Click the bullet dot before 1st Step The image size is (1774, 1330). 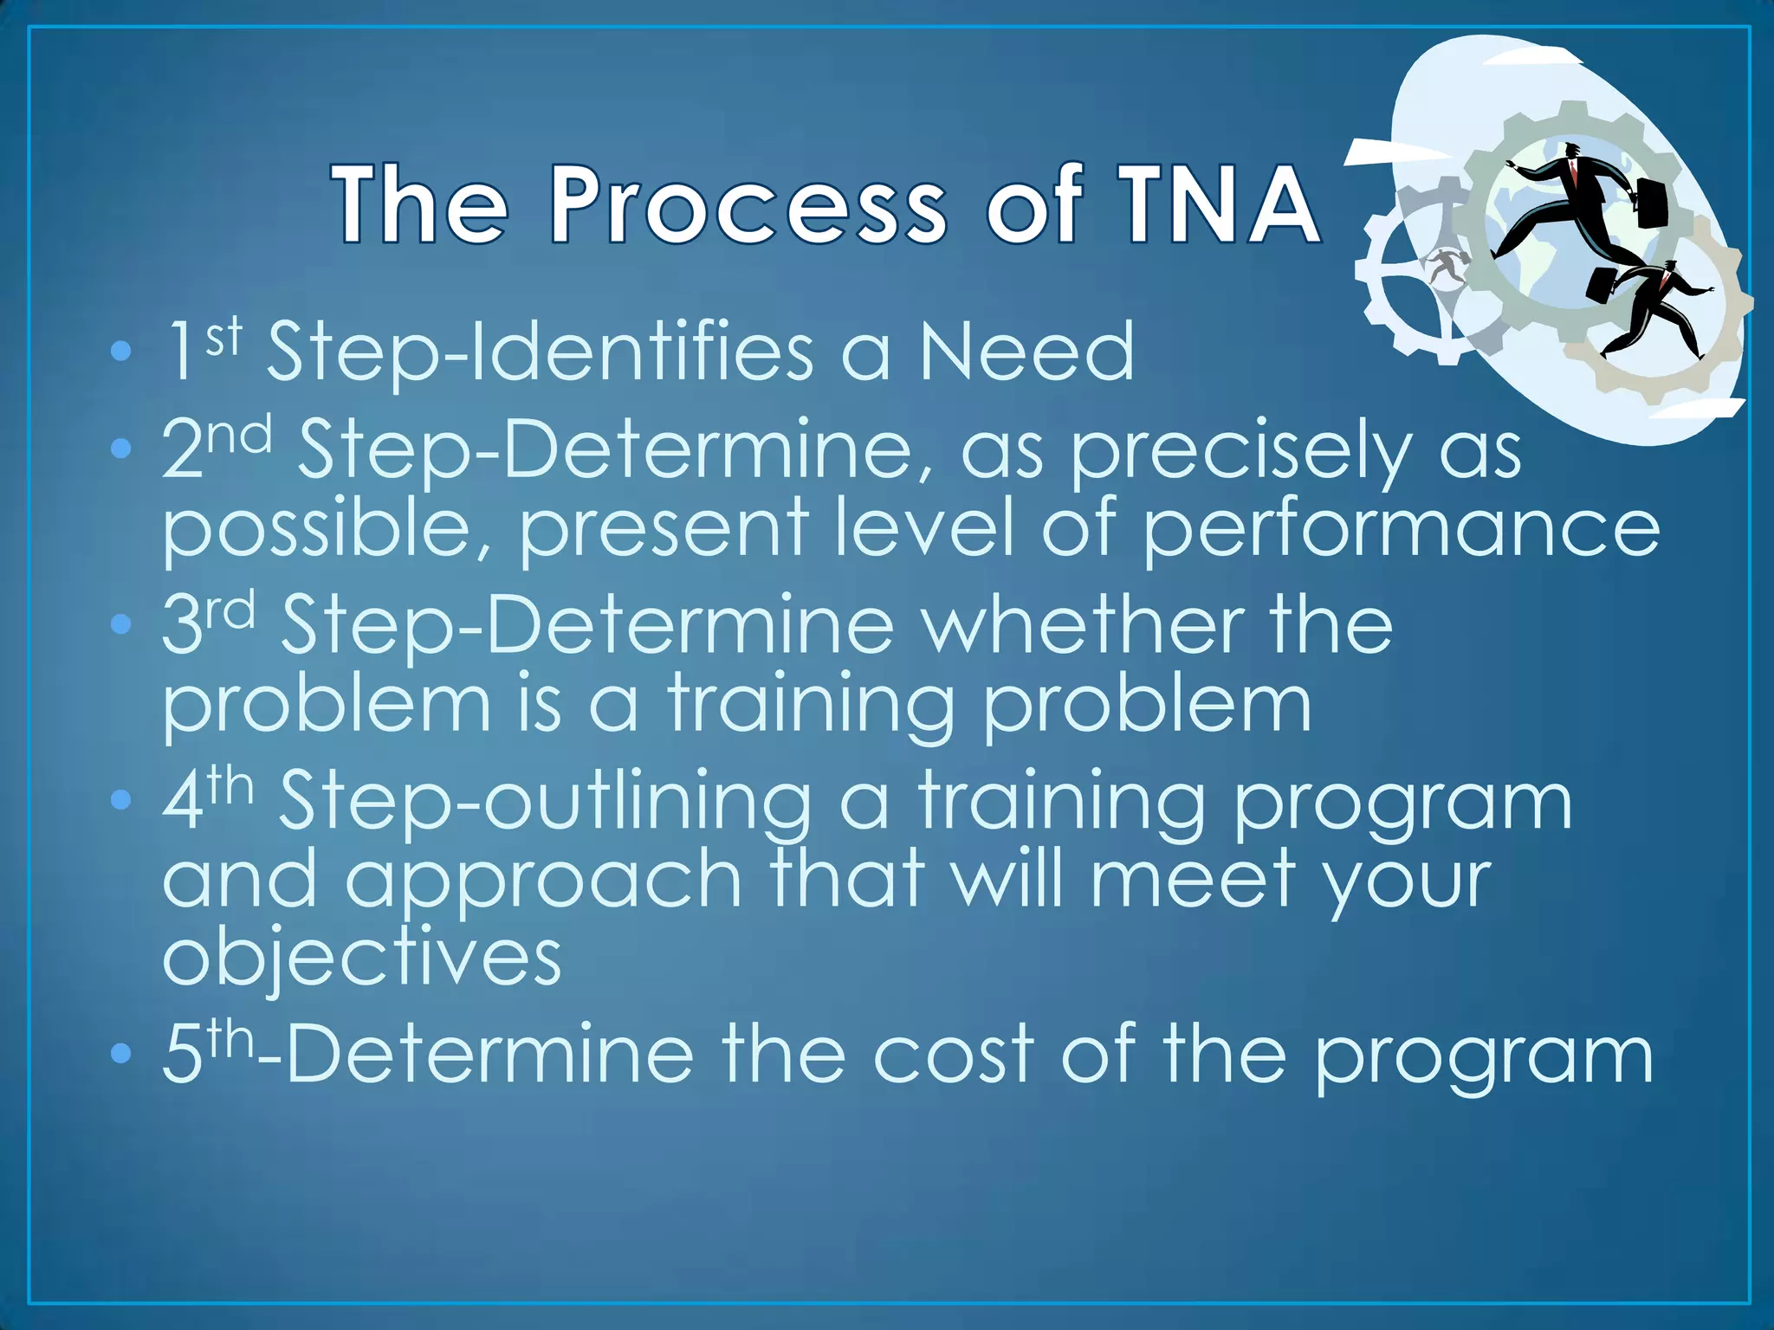tap(121, 352)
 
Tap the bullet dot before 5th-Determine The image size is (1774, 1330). tap(121, 1054)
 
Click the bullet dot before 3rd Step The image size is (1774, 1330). tap(121, 623)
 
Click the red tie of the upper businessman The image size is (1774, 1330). tap(1578, 177)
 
